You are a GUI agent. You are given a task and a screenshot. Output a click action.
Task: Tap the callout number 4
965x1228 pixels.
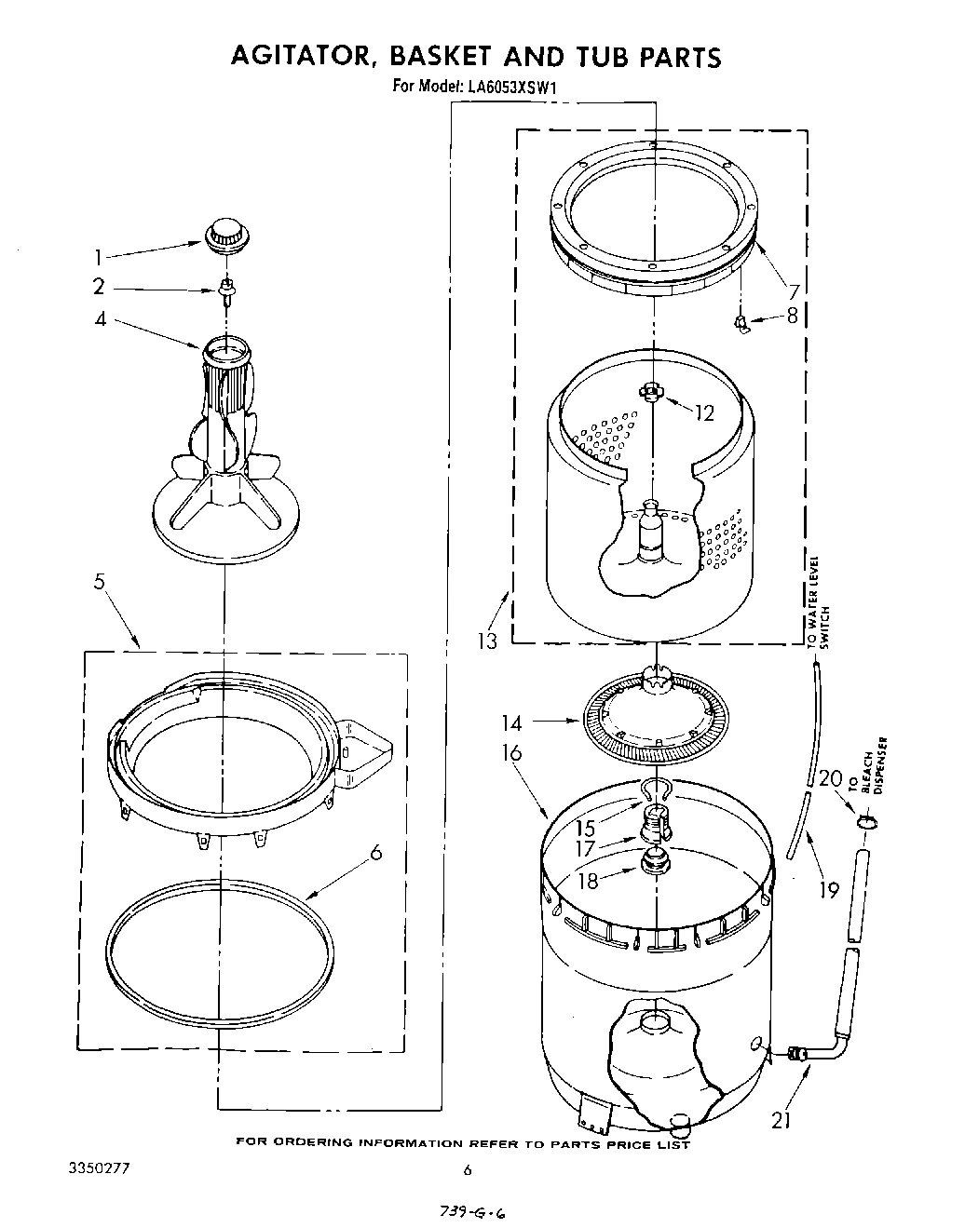[x=99, y=319]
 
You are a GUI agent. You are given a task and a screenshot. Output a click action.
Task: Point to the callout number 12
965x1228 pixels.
[x=703, y=412]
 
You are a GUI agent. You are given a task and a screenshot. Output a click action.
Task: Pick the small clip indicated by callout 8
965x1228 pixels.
[x=742, y=323]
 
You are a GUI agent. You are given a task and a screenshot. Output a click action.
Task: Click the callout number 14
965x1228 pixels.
[x=512, y=722]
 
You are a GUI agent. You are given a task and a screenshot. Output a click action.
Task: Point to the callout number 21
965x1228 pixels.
[x=781, y=1121]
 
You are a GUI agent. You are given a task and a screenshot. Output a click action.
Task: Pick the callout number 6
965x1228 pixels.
[x=375, y=852]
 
